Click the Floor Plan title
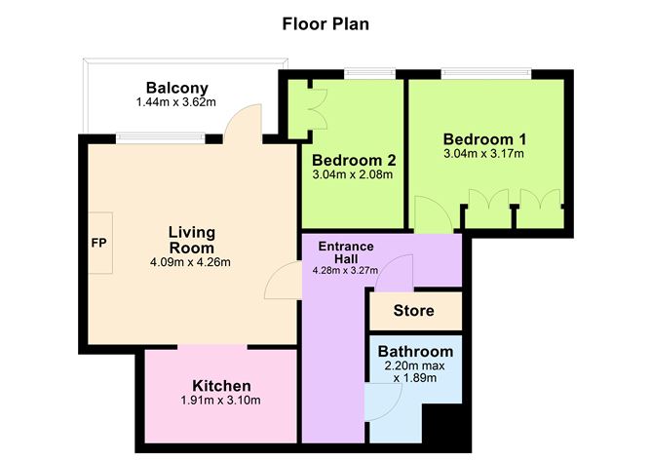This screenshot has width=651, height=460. tap(325, 22)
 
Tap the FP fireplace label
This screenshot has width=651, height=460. tap(98, 242)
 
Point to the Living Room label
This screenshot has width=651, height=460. tap(191, 240)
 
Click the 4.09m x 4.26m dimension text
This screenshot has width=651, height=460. tap(191, 262)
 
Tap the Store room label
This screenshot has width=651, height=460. tap(414, 312)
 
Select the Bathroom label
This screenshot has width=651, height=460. tap(415, 351)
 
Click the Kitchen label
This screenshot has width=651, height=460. tap(221, 386)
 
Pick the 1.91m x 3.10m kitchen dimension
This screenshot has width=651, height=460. tap(221, 402)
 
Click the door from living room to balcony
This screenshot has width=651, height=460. tap(241, 124)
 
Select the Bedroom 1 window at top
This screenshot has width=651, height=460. tap(485, 73)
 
